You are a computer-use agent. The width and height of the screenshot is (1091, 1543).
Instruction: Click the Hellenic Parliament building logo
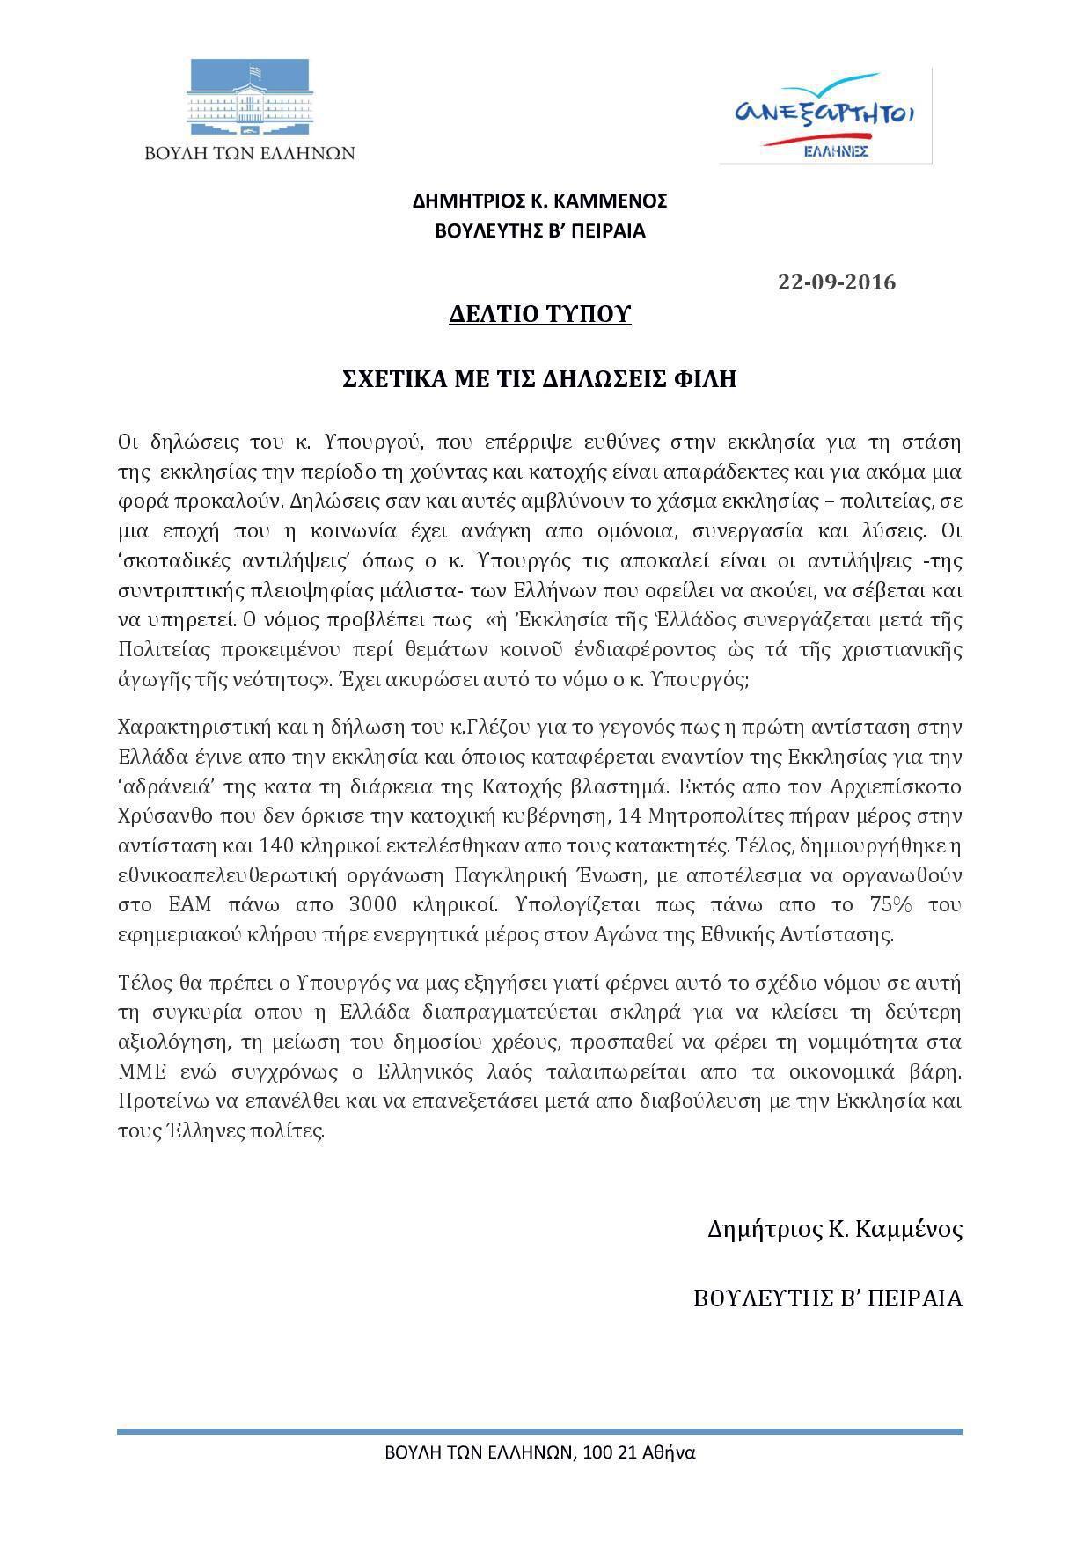249,97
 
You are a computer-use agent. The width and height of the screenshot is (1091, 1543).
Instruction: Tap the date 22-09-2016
837,282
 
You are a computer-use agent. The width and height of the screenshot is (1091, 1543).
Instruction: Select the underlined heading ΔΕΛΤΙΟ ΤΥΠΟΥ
539,314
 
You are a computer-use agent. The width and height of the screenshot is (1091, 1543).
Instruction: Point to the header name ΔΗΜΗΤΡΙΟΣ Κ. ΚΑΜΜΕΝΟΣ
539,201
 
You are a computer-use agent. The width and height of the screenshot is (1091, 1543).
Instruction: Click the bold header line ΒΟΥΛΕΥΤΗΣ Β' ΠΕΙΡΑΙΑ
539,231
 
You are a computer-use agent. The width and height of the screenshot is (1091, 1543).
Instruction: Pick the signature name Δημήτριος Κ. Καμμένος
834,1229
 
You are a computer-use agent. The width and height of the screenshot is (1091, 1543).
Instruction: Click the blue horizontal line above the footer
539,1432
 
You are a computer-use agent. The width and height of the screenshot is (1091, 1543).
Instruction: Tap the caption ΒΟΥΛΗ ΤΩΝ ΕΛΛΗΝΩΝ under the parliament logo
250,153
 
